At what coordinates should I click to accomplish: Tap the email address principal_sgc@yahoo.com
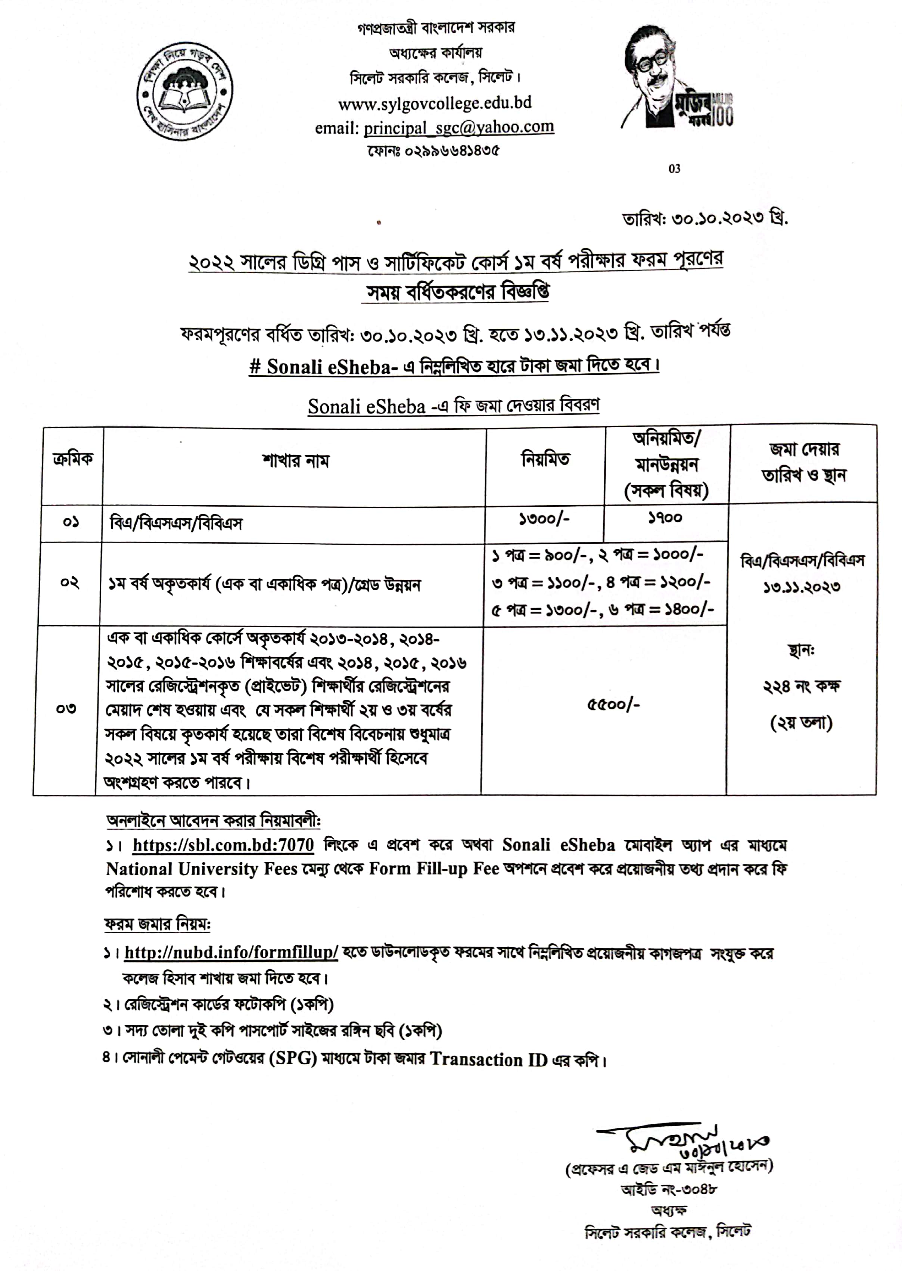[459, 128]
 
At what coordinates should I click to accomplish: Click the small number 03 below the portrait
[674, 169]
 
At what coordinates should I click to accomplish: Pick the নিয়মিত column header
[545, 459]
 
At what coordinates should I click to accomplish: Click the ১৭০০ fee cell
[665, 518]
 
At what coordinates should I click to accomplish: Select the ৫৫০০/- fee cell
[613, 704]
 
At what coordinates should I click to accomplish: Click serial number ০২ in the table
[69, 583]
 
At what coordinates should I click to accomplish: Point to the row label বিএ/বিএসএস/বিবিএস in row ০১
[176, 523]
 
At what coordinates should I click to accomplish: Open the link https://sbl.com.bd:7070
[223, 845]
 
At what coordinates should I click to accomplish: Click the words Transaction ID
[489, 1059]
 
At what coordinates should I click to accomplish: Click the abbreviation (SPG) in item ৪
[293, 1058]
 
